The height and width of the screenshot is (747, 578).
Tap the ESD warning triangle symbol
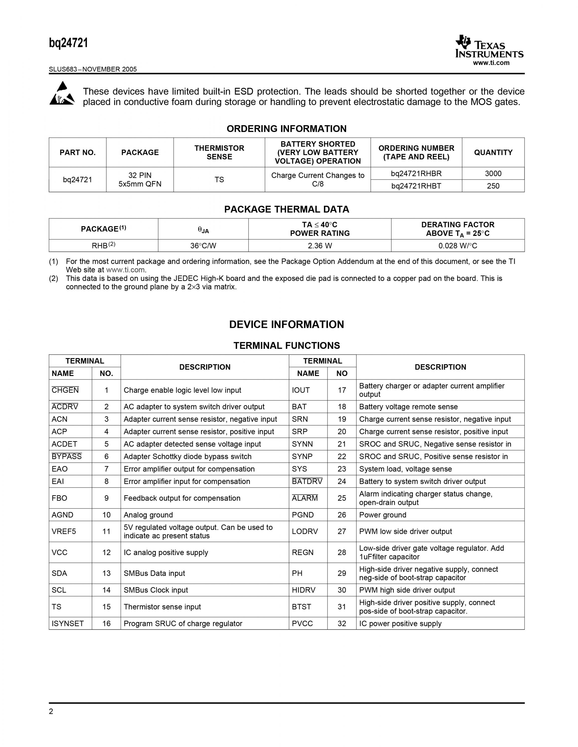62,93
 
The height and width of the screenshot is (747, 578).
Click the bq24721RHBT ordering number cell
416,186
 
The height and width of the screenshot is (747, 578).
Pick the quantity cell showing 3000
493,173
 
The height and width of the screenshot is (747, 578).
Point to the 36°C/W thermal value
203,246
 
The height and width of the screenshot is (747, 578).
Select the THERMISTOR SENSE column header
219,153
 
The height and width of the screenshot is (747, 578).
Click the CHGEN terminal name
65,390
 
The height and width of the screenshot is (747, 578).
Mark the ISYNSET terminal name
68,623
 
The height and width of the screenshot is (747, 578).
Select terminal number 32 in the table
341,623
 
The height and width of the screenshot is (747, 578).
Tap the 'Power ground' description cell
383,515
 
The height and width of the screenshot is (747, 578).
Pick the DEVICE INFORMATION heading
286,324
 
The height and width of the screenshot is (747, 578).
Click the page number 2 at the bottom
51,711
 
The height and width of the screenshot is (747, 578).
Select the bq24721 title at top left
69,43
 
